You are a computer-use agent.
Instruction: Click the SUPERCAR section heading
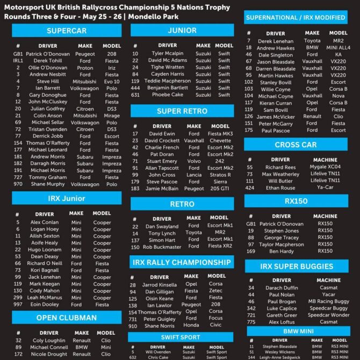(x=67, y=31)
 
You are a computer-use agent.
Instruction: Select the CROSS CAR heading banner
(x=295, y=145)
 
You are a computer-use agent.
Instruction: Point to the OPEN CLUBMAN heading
(x=67, y=318)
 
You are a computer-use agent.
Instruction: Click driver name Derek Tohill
(x=45, y=61)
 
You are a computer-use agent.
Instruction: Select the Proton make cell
(x=85, y=68)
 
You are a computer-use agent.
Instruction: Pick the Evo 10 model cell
(x=112, y=82)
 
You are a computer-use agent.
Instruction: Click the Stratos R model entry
(x=220, y=175)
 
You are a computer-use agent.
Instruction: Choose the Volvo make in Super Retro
(x=194, y=161)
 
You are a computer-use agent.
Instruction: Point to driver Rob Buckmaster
(x=162, y=247)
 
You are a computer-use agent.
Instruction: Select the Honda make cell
(x=191, y=326)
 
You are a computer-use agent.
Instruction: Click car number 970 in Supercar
(x=18, y=184)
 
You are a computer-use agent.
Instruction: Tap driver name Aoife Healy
(x=45, y=243)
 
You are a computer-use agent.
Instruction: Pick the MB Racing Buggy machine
(x=328, y=301)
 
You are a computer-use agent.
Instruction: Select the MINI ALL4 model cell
(x=338, y=48)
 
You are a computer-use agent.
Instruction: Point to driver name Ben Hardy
(x=282, y=251)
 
